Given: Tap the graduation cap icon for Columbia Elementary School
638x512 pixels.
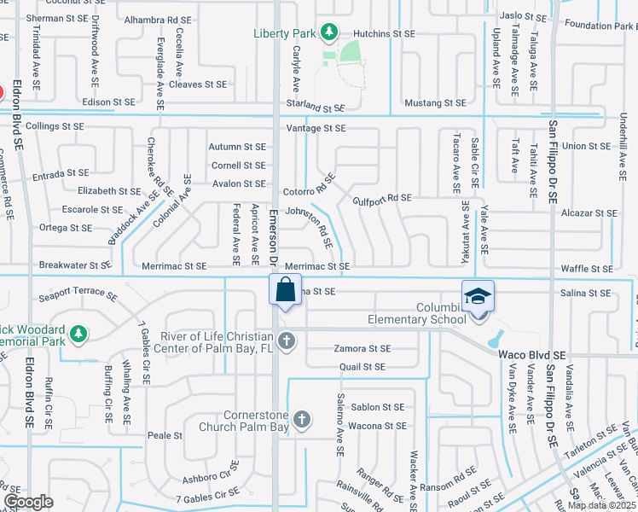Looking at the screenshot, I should tap(478, 295).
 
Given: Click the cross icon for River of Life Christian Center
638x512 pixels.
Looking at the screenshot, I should tap(289, 341).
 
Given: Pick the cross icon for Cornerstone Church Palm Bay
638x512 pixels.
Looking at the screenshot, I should tap(301, 419).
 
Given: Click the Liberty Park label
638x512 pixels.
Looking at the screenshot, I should tap(285, 33).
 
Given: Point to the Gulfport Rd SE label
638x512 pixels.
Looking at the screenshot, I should tap(382, 198).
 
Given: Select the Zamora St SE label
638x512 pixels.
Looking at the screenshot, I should tap(362, 349).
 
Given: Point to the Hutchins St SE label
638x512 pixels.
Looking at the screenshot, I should tap(384, 33).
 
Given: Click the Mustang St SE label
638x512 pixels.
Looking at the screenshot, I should tap(435, 102).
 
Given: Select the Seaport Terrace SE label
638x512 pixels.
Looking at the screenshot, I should tap(78, 296).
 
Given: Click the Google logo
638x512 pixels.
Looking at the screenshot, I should tap(28, 502).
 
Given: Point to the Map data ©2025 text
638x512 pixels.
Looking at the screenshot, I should tap(601, 505).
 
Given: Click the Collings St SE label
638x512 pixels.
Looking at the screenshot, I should tap(55, 126).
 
